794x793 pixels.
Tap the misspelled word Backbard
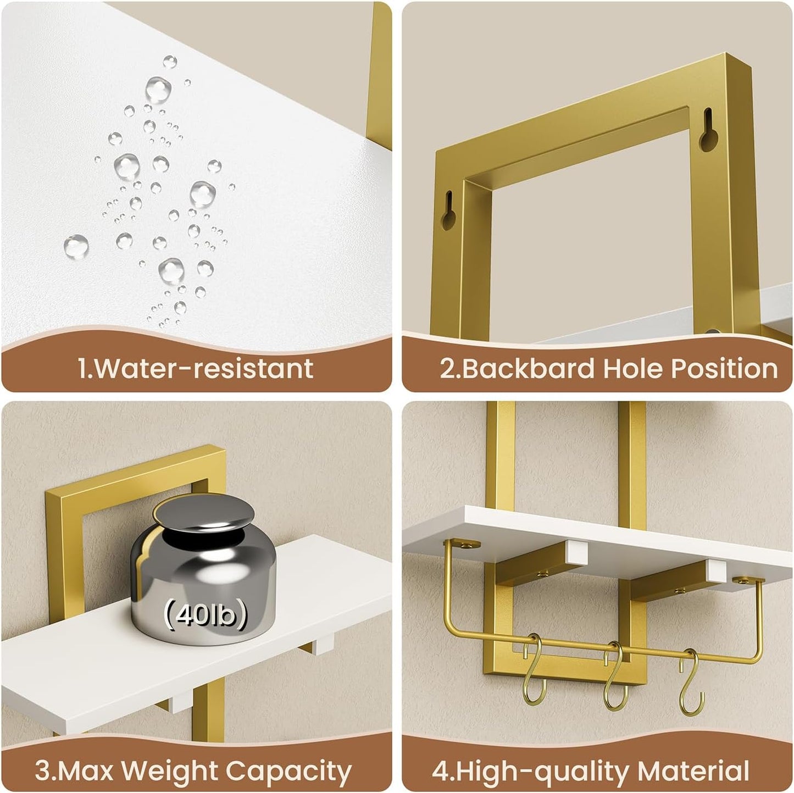[528, 368]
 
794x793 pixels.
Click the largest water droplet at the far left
[76, 246]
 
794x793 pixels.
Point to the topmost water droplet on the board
[170, 62]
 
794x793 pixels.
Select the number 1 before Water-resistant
[82, 368]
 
